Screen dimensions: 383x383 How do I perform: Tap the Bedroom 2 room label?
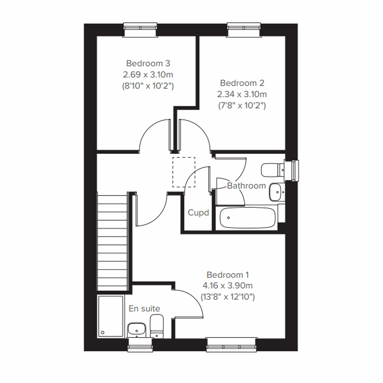pyautogui.click(x=242, y=83)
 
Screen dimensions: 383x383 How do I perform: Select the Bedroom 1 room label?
pyautogui.click(x=228, y=274)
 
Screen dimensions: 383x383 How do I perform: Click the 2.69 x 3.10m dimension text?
pyautogui.click(x=148, y=75)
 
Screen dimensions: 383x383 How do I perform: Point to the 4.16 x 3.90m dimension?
pyautogui.click(x=228, y=286)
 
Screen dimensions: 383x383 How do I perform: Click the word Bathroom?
pyautogui.click(x=246, y=185)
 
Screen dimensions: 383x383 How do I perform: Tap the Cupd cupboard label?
pyautogui.click(x=198, y=213)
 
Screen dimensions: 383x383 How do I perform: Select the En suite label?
pyautogui.click(x=144, y=308)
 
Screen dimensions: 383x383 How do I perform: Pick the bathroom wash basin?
pyautogui.click(x=276, y=192)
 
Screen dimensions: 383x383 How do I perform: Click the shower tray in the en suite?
pyautogui.click(x=111, y=316)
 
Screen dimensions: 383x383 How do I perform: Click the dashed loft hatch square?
pyautogui.click(x=184, y=172)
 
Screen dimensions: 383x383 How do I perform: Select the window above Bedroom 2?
pyautogui.click(x=244, y=30)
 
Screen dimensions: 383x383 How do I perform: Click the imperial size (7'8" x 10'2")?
pyautogui.click(x=242, y=106)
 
